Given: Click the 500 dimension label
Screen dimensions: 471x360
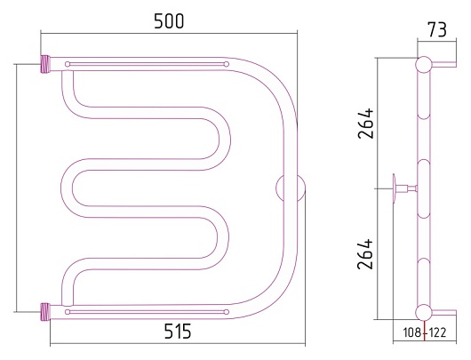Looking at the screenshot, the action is tap(169, 21).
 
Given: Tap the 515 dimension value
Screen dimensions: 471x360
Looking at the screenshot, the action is tap(178, 332).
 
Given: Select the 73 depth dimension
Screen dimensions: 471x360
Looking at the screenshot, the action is tap(437, 29).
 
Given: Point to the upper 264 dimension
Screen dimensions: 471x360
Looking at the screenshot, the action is tap(366, 124).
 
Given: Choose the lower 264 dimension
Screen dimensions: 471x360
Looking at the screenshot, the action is tap(365, 254).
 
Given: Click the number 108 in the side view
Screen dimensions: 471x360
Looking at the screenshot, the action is tap(412, 332).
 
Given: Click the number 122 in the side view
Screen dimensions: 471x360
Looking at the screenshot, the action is tap(437, 332).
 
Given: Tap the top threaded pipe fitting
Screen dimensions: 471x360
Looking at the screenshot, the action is tap(45, 64).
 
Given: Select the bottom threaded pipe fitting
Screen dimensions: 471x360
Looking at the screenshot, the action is tap(45, 312).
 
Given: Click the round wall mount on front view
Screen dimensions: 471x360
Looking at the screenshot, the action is tap(291, 188).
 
